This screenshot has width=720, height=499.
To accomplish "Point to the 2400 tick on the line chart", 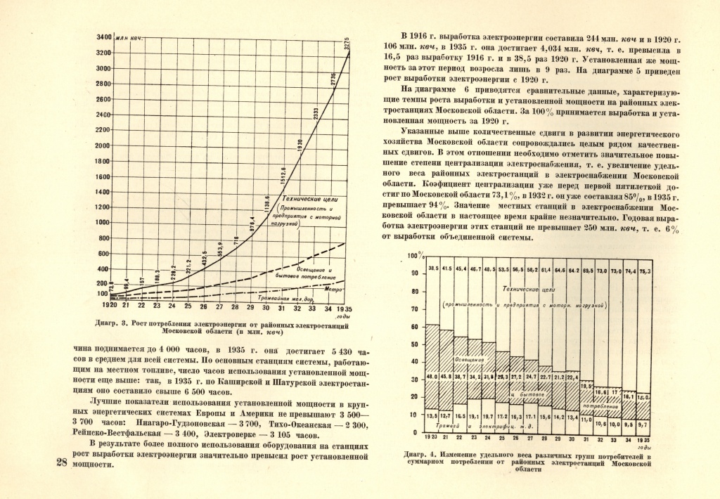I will [x=102, y=115].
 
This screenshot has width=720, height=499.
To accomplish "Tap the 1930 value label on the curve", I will [x=300, y=146].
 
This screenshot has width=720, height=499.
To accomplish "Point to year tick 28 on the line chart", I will [x=234, y=307].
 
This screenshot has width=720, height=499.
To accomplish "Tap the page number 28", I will [x=60, y=462].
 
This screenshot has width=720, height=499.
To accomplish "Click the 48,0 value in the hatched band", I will [x=433, y=377].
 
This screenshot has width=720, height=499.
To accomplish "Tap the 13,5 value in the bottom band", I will [x=433, y=415].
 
